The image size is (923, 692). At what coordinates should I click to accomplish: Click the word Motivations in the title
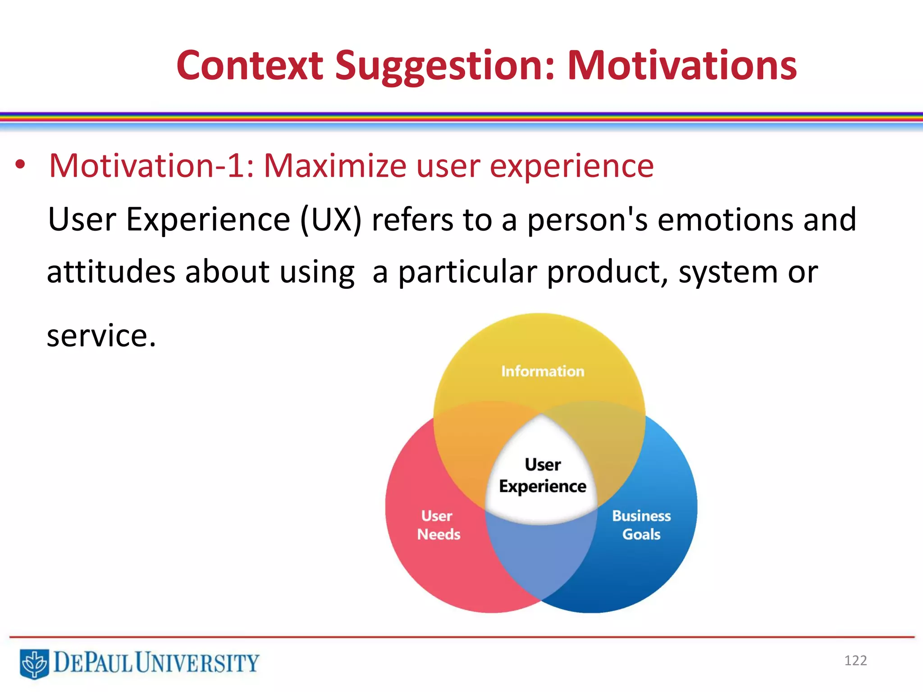pyautogui.click(x=681, y=66)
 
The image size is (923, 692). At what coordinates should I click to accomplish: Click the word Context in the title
pyautogui.click(x=250, y=66)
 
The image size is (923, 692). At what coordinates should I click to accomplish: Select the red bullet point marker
pyautogui.click(x=20, y=165)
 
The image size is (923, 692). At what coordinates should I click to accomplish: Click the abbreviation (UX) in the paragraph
pyautogui.click(x=331, y=220)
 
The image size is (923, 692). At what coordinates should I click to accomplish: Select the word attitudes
pyautogui.click(x=111, y=272)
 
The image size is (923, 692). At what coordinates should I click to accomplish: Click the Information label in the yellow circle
pyautogui.click(x=543, y=371)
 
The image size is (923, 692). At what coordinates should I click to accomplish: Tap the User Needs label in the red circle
pyautogui.click(x=438, y=525)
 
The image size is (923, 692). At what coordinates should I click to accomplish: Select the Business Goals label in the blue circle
pyautogui.click(x=641, y=525)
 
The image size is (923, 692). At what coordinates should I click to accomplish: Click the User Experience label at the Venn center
pyautogui.click(x=543, y=475)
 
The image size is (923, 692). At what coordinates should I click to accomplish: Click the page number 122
pyautogui.click(x=855, y=660)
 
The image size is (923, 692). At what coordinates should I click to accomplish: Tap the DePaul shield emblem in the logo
pyautogui.click(x=34, y=663)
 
